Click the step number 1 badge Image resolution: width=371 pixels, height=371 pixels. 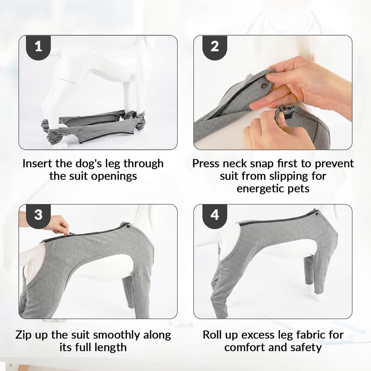tap(38, 47)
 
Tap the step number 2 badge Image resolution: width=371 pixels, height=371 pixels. tap(215, 47)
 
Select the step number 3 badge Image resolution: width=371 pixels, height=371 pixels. tap(38, 216)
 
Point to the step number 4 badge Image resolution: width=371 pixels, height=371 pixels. tap(215, 216)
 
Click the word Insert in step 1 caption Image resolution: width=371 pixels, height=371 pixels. tap(38, 164)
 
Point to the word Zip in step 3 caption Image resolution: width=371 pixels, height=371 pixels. tap(24, 335)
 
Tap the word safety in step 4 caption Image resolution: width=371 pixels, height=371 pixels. tap(306, 347)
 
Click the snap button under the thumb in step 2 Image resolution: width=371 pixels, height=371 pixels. tap(263, 85)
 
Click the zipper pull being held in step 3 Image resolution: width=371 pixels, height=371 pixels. tap(70, 234)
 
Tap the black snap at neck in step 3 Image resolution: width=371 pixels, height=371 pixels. tap(128, 227)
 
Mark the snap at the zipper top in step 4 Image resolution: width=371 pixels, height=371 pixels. tap(317, 214)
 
